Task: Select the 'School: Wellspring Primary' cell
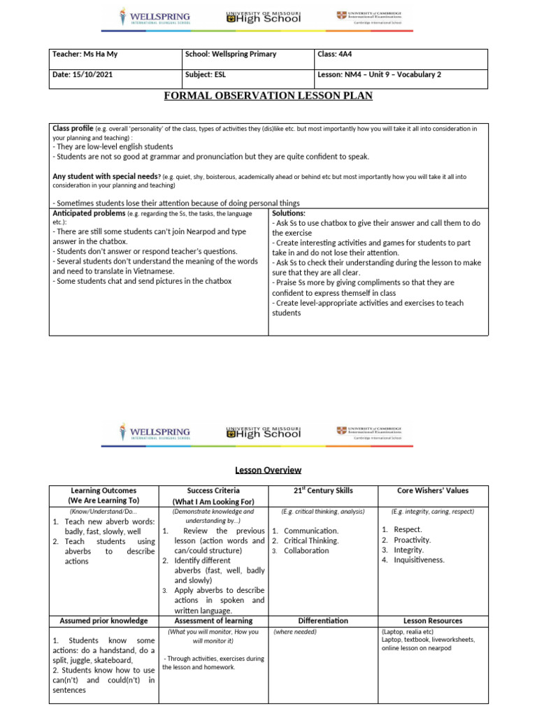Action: tap(231, 54)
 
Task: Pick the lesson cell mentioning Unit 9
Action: tap(379, 75)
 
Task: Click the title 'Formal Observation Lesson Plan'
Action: tap(268, 95)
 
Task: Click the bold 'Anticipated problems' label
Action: tap(89, 213)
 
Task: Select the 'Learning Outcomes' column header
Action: tap(103, 496)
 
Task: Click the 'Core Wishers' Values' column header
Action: tap(432, 491)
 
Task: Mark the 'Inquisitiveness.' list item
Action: tap(419, 560)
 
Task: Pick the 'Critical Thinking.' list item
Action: tap(311, 540)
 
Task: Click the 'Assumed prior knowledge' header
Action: tap(103, 620)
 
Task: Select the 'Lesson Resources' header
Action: tap(432, 620)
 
